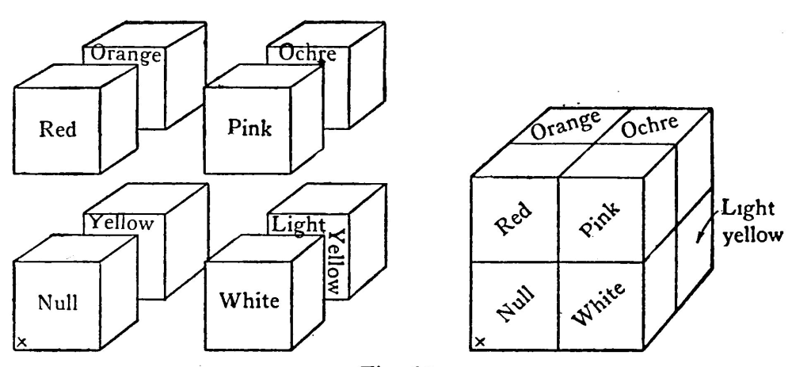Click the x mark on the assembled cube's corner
pos(481,342)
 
